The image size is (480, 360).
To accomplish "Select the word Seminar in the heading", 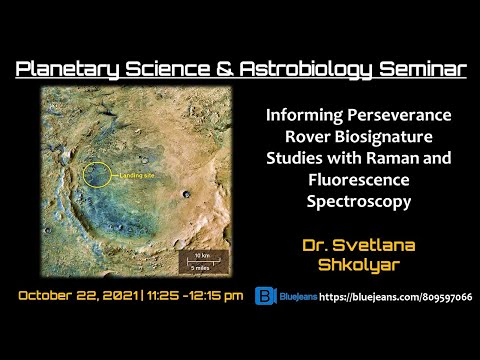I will click(421, 69).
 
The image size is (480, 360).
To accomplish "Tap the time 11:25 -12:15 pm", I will click(196, 297).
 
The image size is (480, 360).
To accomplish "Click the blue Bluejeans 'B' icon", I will click(265, 297).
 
